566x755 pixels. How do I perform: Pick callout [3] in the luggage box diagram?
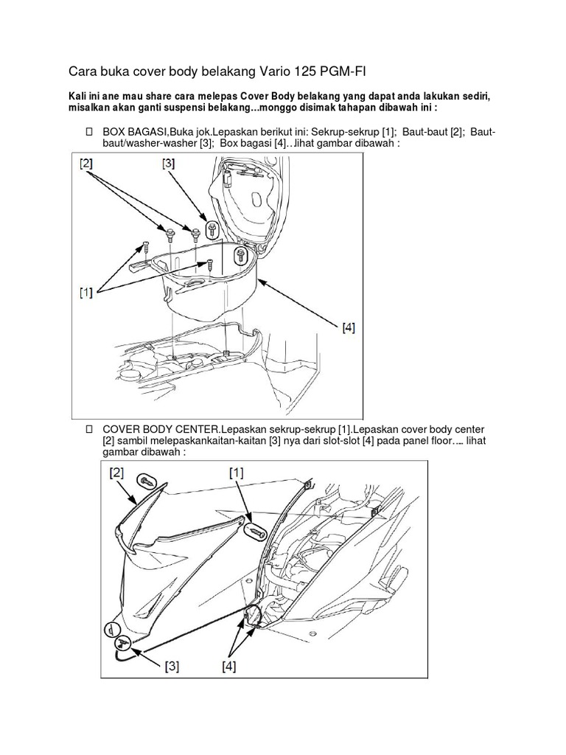pyautogui.click(x=168, y=165)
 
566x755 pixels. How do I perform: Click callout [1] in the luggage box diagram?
pyautogui.click(x=87, y=293)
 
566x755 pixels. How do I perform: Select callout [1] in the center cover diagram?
pyautogui.click(x=236, y=472)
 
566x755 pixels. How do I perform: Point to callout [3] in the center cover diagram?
pyautogui.click(x=172, y=667)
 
